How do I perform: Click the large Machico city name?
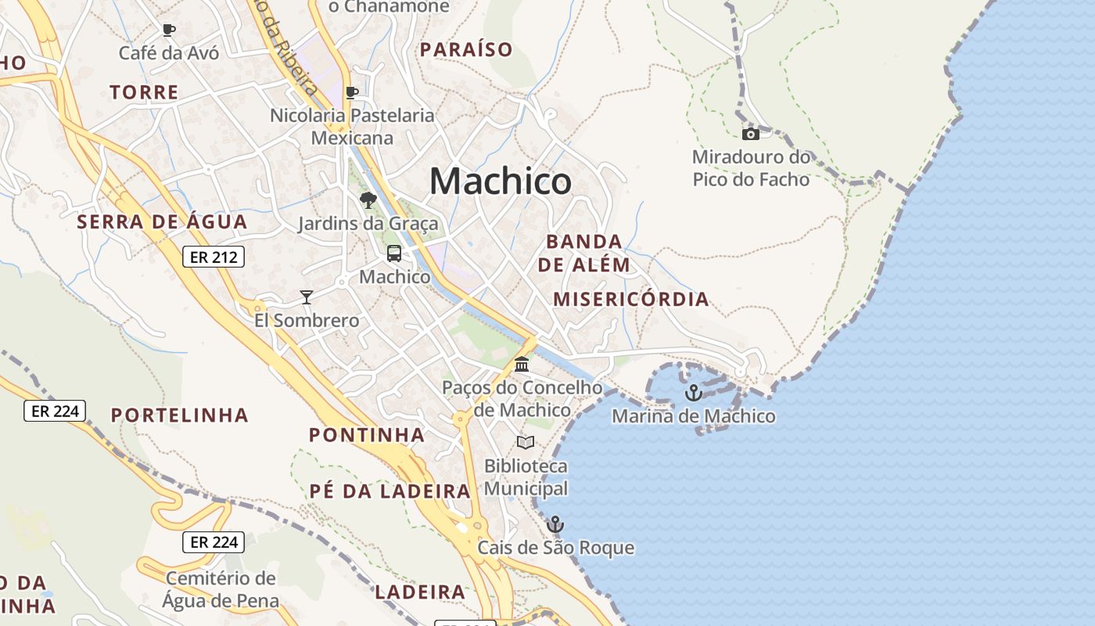501,182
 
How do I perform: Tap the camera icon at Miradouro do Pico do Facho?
750,134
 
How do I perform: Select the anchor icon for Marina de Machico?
693,393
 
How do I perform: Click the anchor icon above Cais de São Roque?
555,523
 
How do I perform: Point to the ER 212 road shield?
214,257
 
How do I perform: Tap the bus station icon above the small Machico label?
394,254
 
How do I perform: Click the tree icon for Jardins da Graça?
368,200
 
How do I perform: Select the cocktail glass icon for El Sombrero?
307,297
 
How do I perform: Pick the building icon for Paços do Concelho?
522,365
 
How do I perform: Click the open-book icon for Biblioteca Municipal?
526,443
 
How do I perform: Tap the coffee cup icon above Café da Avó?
168,31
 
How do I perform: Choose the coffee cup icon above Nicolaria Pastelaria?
352,92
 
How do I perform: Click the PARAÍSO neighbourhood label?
466,50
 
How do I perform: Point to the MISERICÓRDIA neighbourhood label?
631,299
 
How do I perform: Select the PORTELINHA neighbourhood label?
179,416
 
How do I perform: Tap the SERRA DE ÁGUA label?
162,222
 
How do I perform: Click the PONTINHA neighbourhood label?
367,435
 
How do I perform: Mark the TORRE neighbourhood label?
144,92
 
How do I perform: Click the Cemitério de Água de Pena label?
220,589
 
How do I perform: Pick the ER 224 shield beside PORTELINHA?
55,411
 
